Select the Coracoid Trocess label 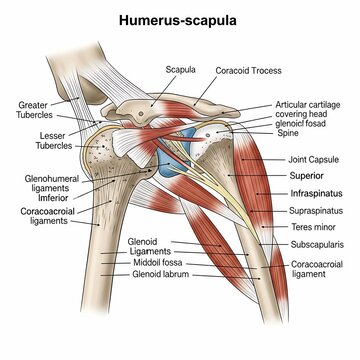coord(250,72)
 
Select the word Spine coord(286,133)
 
